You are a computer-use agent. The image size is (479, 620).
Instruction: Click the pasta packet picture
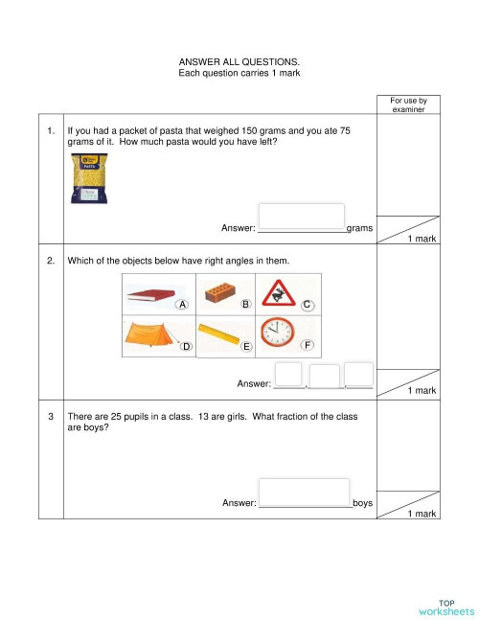tap(89, 180)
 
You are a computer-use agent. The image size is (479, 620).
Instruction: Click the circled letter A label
tap(182, 305)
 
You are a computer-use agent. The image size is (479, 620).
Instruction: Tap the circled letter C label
tap(307, 305)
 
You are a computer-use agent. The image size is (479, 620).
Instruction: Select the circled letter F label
tap(307, 345)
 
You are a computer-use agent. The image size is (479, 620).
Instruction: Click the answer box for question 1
tap(301, 217)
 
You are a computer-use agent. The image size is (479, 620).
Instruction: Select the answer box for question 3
tap(303, 492)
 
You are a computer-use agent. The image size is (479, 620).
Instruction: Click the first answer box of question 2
tap(288, 376)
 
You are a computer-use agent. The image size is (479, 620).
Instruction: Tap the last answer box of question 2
tap(358, 376)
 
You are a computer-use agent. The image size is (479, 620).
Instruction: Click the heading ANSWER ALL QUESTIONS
tap(239, 62)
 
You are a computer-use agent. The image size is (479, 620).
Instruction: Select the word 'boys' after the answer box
tap(362, 503)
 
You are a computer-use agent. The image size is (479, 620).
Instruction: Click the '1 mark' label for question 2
tap(422, 391)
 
